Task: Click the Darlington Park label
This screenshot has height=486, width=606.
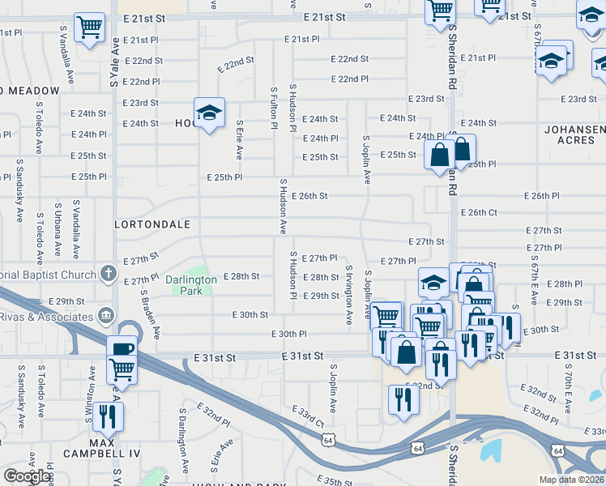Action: (191, 285)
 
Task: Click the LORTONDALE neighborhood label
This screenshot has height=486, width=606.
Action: (153, 224)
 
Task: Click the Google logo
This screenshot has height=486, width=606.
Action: (27, 476)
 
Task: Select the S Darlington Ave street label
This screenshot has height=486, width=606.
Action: (184, 441)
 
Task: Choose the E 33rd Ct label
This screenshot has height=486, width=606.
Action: (308, 417)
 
